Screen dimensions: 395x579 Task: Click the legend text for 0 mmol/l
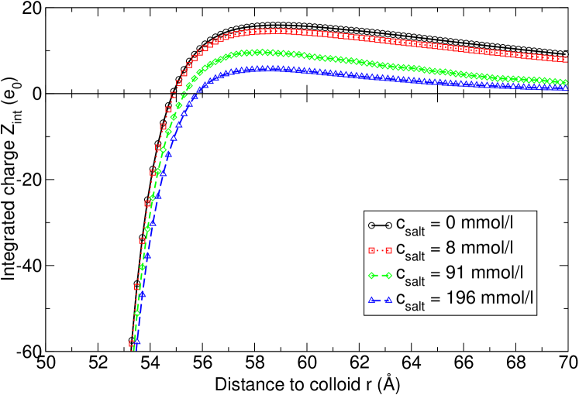[x=454, y=225]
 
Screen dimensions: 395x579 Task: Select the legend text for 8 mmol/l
[x=454, y=249]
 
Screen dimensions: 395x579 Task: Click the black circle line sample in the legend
[x=379, y=225]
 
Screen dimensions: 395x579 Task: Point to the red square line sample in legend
[x=379, y=249]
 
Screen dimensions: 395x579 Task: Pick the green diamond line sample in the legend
[x=379, y=275]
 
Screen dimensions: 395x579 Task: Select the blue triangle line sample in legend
[x=379, y=300]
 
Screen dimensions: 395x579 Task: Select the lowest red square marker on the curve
[x=132, y=343]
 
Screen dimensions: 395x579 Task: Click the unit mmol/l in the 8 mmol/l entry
[x=486, y=249]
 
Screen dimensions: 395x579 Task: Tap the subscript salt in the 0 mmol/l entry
[x=415, y=230]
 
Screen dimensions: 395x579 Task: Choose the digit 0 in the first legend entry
[x=451, y=224]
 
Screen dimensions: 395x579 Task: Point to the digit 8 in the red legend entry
[x=451, y=249]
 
